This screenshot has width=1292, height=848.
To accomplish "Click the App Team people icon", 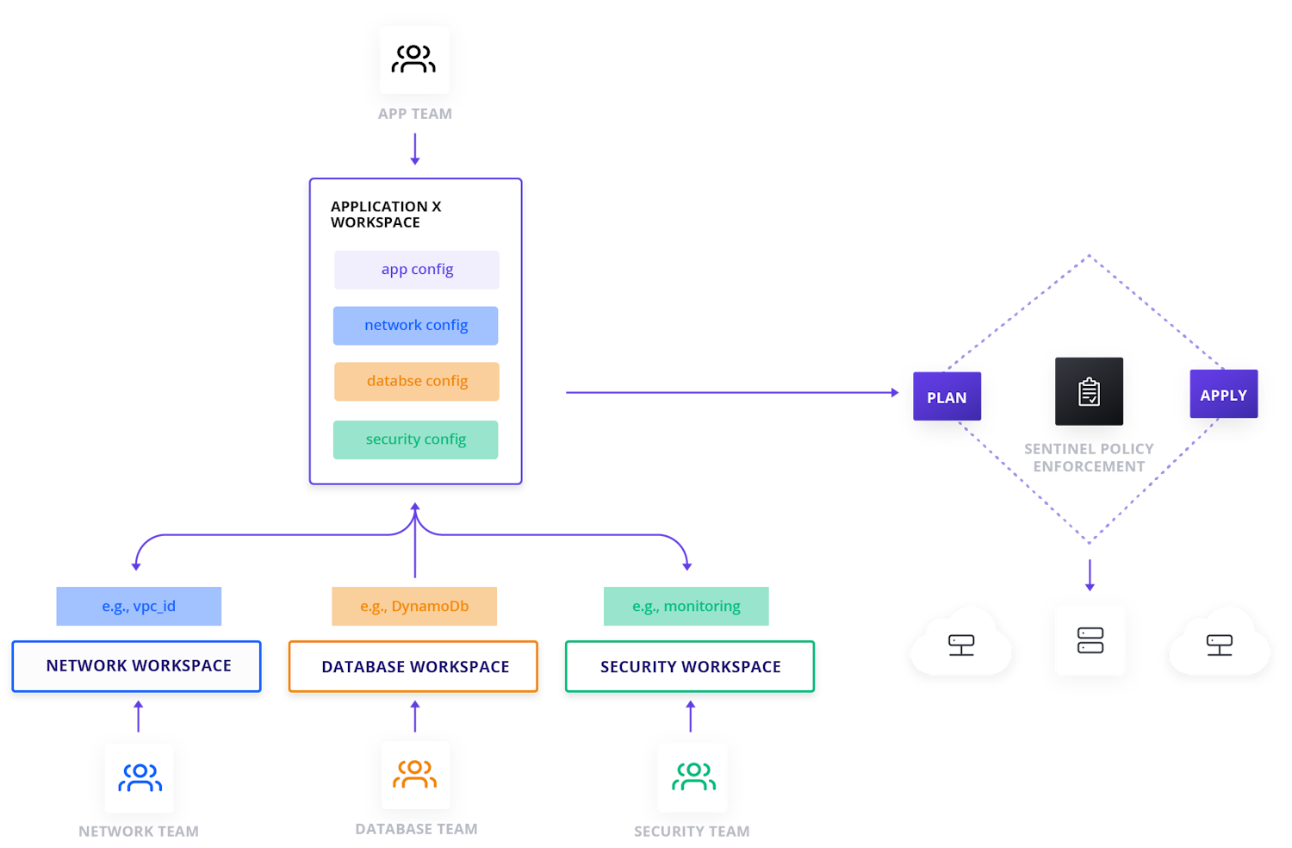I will (x=414, y=59).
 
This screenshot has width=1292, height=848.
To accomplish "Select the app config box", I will (x=417, y=270).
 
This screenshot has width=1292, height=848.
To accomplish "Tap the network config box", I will (x=416, y=326).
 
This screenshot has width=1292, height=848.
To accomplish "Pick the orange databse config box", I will (x=417, y=382).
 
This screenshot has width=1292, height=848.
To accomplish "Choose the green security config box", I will (x=416, y=440).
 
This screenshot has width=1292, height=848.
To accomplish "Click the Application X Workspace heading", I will (x=386, y=215).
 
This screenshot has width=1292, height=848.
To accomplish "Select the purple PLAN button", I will (x=947, y=396).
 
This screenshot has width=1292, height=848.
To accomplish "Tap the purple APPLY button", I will (x=1223, y=395).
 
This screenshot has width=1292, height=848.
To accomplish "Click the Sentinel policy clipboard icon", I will (x=1090, y=391).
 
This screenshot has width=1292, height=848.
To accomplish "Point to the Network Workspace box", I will (x=137, y=666).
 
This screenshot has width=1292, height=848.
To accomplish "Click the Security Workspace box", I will (x=690, y=666).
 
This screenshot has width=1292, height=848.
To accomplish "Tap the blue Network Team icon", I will (x=139, y=778).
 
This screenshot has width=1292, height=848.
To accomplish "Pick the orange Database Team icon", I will (x=415, y=775).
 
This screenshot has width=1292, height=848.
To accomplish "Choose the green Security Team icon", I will (x=693, y=777).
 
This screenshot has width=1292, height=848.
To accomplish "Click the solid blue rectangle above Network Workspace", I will (x=139, y=606).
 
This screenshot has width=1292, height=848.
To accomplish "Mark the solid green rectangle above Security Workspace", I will (x=686, y=606).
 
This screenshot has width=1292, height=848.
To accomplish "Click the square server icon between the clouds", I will (x=1090, y=640).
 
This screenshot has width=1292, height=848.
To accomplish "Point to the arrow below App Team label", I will (x=415, y=148).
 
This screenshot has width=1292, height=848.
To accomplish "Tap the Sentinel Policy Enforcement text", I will (x=1089, y=458).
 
